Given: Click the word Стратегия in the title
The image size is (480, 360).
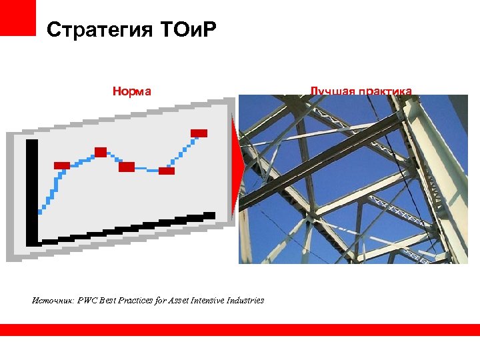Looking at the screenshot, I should tap(89, 30).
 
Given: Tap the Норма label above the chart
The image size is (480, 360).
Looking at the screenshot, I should tap(132, 91).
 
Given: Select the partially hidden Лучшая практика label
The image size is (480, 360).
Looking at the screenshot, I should tap(361, 91).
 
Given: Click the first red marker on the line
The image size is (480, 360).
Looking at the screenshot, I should tap(61, 165).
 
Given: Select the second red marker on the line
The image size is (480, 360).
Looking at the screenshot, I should tap(101, 152).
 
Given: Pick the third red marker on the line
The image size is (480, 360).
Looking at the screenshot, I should tap(127, 167).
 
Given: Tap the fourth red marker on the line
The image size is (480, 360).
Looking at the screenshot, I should tap(167, 171).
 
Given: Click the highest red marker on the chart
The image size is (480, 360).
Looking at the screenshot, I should tap(199, 133).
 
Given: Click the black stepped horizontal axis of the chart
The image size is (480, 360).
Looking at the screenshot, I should tap(127, 228).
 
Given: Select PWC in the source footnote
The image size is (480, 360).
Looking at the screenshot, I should tap(87, 300).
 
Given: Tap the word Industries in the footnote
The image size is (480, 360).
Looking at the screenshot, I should tap(245, 300).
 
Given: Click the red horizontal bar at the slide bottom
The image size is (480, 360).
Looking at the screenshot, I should tap(240, 329).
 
